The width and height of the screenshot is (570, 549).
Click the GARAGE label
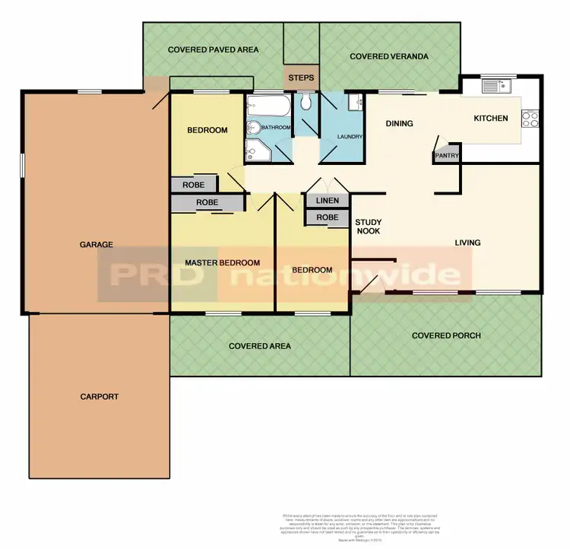[x=96, y=244]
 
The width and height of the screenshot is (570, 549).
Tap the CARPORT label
[x=99, y=396]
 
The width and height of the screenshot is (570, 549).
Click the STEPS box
[x=301, y=78]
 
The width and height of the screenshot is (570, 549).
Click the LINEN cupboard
[x=327, y=200]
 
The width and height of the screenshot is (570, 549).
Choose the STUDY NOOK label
[x=368, y=227]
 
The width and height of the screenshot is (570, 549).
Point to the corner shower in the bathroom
[x=258, y=153]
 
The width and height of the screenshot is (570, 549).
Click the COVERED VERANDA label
[x=389, y=56]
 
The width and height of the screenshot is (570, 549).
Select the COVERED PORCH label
[x=446, y=335]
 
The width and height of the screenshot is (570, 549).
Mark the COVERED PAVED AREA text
[x=213, y=49]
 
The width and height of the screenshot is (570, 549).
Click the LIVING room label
[x=467, y=243]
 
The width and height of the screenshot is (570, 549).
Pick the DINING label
[x=399, y=123]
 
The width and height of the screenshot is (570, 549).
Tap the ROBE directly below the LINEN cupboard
[x=327, y=217]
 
